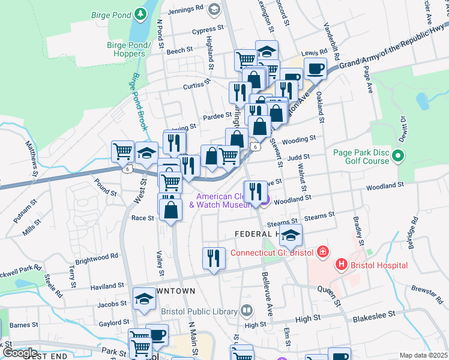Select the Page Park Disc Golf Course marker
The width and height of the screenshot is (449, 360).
pyautogui.click(x=397, y=157)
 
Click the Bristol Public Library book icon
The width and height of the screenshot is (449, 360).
pyautogui.click(x=246, y=311)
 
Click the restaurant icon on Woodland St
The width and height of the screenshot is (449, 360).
pyautogui.click(x=256, y=191)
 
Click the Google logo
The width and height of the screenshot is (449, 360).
pyautogui.click(x=19, y=353)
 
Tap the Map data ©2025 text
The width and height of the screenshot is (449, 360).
pyautogui.click(x=423, y=355)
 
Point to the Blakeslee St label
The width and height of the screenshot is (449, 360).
pyautogui.click(x=374, y=313)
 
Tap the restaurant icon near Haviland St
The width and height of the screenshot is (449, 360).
pyautogui.click(x=214, y=258)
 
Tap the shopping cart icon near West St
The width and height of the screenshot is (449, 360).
pyautogui.click(x=123, y=151)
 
